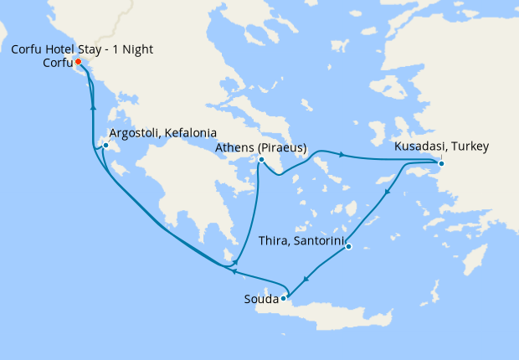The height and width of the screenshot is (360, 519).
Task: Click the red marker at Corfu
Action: coord(77,62)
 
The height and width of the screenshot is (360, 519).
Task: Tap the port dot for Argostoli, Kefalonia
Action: coord(105,147)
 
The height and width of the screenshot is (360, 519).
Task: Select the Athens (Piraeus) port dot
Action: coord(261,160)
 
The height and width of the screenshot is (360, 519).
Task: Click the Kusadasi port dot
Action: coord(441,162)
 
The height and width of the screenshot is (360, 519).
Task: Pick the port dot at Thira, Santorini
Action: coord(348,246)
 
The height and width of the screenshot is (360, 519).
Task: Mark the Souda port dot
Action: coord(284,297)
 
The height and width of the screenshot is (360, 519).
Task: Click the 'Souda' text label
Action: coord(260,298)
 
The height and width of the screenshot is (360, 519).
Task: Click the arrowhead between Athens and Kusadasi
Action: coord(342,154)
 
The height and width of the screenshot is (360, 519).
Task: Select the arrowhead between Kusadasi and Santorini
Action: coord(388,194)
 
